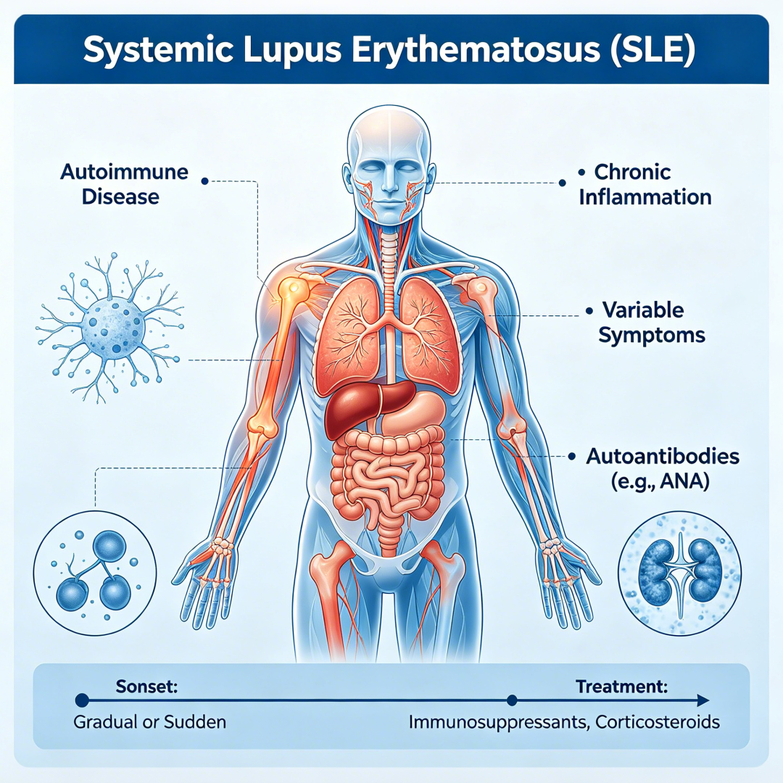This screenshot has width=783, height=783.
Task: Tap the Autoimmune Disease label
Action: [124, 184]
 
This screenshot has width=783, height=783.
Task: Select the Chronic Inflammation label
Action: [645, 184]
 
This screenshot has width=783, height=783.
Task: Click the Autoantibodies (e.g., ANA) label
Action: [662, 468]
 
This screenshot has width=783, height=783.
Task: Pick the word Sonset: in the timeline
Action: [146, 686]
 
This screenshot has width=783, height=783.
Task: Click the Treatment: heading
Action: [622, 687]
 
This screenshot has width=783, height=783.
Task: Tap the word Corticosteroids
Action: [658, 722]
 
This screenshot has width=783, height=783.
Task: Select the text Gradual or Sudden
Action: [149, 722]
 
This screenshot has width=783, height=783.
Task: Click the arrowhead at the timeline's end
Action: [703, 700]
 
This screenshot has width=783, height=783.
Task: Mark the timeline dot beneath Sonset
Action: [82, 700]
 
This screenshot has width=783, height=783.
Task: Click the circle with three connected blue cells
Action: [95, 573]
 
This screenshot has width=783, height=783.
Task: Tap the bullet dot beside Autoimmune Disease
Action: [204, 181]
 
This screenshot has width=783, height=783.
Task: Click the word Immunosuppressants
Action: [499, 722]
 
